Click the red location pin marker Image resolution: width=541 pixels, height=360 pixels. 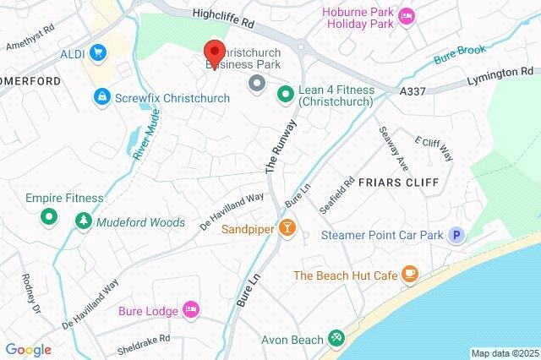click(214, 52)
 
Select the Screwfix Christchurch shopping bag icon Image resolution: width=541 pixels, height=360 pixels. click(102, 98)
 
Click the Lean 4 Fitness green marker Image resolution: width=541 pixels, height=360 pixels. click(285, 92)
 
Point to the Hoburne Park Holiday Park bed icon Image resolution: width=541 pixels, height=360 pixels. click(407, 16)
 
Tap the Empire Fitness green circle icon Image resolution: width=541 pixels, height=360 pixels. click(49, 217)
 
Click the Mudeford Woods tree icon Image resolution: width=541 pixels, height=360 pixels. click(84, 222)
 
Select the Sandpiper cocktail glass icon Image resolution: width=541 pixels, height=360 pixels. click(288, 229)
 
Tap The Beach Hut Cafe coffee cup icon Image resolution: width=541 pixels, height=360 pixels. click(410, 275)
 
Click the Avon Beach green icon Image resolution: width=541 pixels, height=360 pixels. click(336, 339)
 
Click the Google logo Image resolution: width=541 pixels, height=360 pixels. click(28, 349)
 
